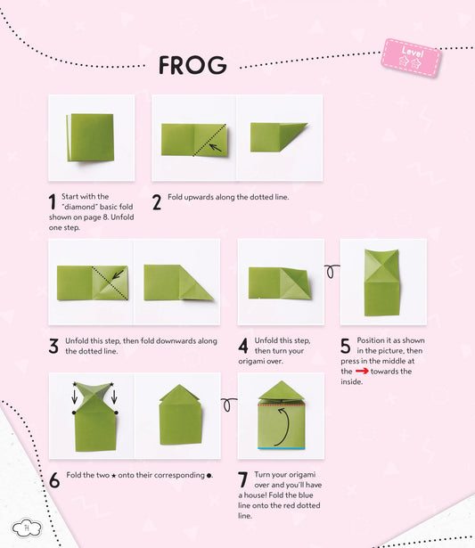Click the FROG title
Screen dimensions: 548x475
[192, 65]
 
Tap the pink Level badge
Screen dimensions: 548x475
[411, 57]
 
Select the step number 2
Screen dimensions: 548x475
[157, 202]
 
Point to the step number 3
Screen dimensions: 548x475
[53, 346]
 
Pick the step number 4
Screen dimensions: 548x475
[243, 346]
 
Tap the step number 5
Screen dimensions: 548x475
[346, 346]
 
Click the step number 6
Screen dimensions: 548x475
[54, 479]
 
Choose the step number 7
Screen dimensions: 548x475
[243, 479]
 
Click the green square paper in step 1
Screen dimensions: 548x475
[90, 137]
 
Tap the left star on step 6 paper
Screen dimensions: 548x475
[75, 385]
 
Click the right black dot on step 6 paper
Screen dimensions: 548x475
[116, 413]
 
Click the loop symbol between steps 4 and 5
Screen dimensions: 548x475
[329, 271]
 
